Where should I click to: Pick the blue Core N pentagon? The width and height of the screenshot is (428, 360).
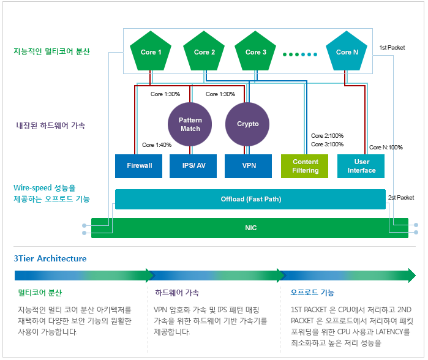click(347, 52)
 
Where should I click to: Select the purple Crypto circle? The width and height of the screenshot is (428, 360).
click(248, 124)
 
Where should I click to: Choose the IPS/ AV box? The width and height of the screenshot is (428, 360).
click(193, 166)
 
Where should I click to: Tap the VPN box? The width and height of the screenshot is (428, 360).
click(248, 166)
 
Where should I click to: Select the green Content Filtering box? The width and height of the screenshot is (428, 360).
click(305, 166)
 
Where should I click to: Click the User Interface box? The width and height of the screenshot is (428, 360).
click(361, 166)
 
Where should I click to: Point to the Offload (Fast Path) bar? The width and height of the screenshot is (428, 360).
click(250, 200)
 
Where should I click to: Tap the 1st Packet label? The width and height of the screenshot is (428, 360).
click(392, 47)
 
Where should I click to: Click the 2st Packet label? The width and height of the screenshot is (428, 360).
click(401, 198)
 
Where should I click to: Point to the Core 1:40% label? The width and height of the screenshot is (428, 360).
click(157, 145)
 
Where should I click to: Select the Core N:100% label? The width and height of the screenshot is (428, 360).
click(386, 148)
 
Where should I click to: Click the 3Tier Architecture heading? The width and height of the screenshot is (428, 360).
click(50, 258)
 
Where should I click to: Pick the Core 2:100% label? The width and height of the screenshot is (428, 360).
click(327, 136)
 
